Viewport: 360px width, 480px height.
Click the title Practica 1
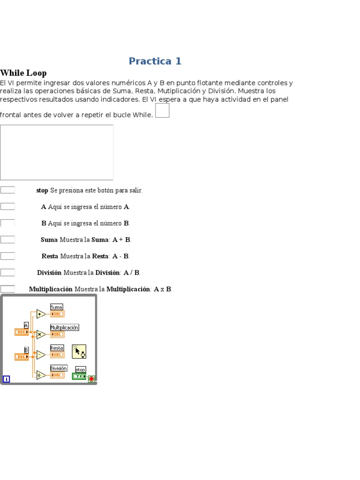point(155,61)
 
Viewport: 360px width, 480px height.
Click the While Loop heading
point(23,73)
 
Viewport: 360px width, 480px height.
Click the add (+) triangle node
point(41,314)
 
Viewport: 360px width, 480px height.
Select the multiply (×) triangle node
point(41,334)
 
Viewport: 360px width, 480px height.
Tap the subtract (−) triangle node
point(41,355)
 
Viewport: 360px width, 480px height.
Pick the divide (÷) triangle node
point(41,375)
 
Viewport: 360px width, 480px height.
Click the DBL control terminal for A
point(22,332)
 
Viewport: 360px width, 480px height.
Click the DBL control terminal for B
point(22,357)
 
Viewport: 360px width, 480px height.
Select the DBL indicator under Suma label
point(57,314)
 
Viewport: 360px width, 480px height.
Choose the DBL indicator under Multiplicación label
point(57,334)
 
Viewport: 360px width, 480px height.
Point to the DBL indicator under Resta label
point(57,355)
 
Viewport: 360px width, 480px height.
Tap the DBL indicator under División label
point(57,375)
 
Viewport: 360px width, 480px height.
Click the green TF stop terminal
point(79,376)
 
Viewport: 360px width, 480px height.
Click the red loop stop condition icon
point(91,379)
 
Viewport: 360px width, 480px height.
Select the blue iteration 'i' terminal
point(6,379)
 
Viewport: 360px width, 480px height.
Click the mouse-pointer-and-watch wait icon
point(79,352)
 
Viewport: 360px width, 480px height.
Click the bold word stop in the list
point(42,190)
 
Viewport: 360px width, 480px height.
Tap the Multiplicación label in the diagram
point(64,328)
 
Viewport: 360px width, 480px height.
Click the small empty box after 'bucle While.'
point(162,111)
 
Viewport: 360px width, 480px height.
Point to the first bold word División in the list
point(49,272)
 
